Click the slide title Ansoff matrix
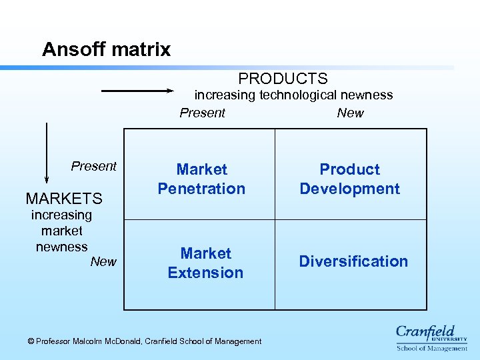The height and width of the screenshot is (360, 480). coord(106,49)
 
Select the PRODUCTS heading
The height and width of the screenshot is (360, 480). coord(283,79)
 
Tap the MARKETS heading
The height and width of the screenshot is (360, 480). coord(64,199)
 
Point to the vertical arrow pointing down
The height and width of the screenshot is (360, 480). coord(47,152)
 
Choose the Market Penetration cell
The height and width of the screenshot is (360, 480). coord(201,179)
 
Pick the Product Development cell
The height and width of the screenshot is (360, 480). coord(349,179)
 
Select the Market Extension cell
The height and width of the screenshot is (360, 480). coord(205,263)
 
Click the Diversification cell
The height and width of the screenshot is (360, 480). coord(353,261)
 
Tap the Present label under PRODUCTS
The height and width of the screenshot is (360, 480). coord(202,113)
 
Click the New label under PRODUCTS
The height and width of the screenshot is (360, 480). coord(350,113)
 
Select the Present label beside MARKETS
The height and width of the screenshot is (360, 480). coord(93,166)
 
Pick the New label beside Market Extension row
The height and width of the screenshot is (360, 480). coord(103,261)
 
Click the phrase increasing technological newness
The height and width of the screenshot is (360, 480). coord(293,95)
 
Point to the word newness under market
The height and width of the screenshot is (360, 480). coord(61,247)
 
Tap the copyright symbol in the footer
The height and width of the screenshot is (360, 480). coord(31,341)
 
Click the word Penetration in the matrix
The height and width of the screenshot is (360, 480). coord(201,189)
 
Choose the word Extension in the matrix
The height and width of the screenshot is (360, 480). coord(205,273)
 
